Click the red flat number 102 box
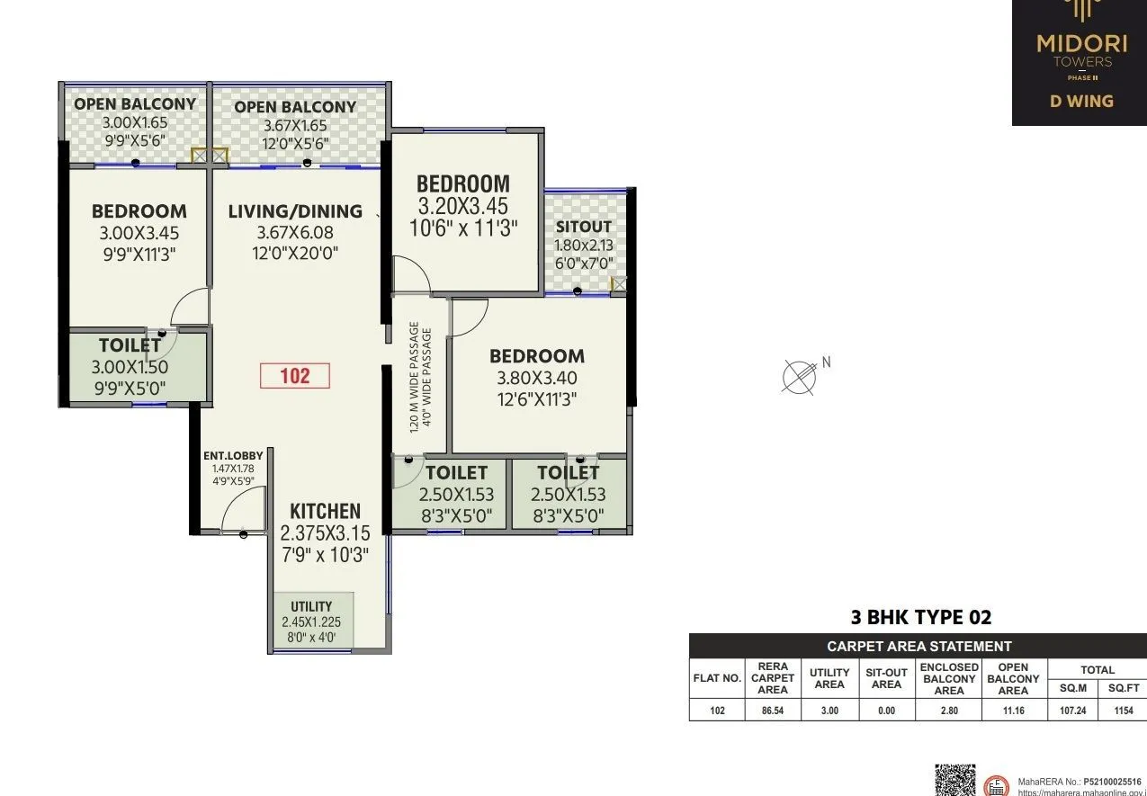pos(295,375)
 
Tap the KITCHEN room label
pos(325,511)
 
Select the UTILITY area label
pos(311,606)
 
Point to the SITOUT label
pos(583,227)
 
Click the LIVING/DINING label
pos(295,211)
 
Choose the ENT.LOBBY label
pos(233,456)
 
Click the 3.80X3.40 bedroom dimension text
pos(537,378)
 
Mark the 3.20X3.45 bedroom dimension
pos(462,206)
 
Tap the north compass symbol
pos(797,375)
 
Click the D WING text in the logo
pos(1081,101)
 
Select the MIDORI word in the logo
pos(1081,42)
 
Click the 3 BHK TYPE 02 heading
pos(920,617)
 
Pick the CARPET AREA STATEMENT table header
pos(918,646)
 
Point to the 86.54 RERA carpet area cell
pos(772,710)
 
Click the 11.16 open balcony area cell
pos(1012,710)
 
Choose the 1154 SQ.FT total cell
pos(1124,710)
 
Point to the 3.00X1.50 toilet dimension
pos(130,367)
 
